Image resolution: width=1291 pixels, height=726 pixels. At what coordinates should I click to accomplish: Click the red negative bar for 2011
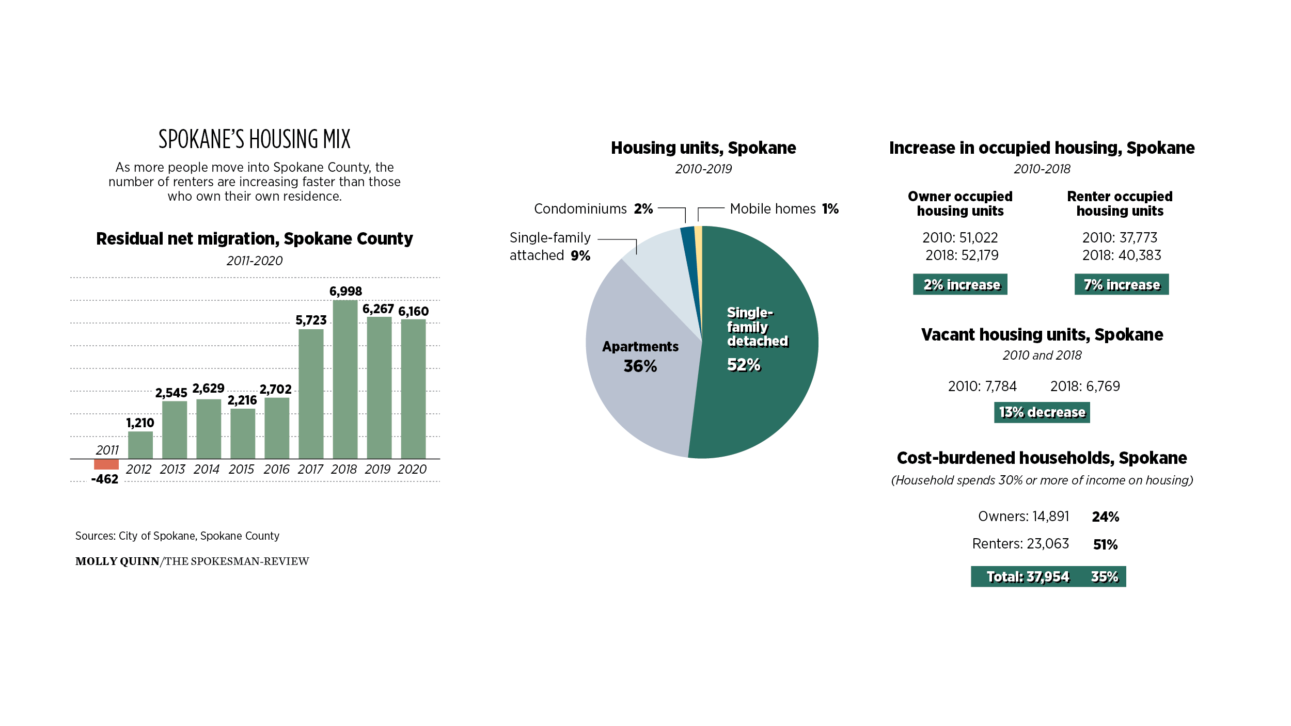coord(106,464)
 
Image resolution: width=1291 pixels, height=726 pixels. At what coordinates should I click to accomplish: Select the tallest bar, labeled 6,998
coord(345,379)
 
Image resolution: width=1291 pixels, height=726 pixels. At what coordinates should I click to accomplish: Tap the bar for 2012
coord(140,445)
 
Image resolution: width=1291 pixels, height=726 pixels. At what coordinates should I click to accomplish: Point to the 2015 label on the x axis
coord(241,469)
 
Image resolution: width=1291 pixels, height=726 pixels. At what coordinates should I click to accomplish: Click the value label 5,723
coord(311,320)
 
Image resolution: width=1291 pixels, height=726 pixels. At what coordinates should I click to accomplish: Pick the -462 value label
coord(105,479)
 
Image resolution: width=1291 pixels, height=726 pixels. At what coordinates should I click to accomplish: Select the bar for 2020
coord(413,389)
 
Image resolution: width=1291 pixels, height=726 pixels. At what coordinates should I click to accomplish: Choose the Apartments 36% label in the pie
coord(640,357)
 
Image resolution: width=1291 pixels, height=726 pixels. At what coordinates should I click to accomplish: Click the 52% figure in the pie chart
coord(744,365)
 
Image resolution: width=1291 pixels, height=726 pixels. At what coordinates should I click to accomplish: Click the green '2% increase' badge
coord(960,284)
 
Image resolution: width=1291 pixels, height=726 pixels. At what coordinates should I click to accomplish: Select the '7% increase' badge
coord(1122,284)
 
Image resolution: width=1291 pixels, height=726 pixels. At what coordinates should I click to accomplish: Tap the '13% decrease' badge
coord(1042,412)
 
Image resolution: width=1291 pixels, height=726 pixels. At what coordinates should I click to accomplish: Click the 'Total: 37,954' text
coord(1028,577)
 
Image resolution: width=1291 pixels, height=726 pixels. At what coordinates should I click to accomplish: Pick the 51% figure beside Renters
coord(1105,545)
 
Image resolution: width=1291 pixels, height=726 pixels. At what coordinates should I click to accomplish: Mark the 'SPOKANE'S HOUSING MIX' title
coord(255,139)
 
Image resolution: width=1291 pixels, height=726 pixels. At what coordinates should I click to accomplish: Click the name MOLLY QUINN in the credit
coord(117,561)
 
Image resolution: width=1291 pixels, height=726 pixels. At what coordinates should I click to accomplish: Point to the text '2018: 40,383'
coord(1122,255)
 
